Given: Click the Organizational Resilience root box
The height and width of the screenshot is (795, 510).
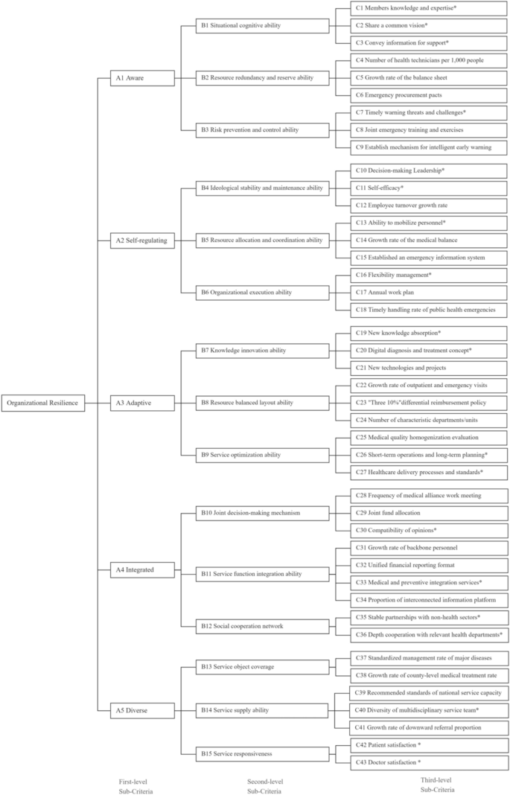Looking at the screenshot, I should tap(42, 403).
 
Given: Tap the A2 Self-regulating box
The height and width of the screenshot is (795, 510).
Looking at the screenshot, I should tap(142, 240).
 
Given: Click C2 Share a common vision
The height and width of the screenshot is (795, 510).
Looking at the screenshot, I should tap(429, 25).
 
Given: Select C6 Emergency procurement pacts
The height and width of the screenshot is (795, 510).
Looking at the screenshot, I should tap(429, 95).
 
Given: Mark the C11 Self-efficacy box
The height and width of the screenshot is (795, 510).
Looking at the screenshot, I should tap(429, 188).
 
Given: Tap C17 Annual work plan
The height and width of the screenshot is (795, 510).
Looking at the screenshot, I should tap(429, 293).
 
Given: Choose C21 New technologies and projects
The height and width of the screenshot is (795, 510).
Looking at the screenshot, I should tap(429, 368).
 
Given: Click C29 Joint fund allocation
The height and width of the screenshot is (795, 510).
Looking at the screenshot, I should tap(429, 513).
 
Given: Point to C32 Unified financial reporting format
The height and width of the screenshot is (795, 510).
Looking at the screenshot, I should tap(429, 565).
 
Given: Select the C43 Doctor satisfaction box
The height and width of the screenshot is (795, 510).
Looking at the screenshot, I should tap(429, 762).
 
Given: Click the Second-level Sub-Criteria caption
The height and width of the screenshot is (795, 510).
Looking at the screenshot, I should tap(265, 786).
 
